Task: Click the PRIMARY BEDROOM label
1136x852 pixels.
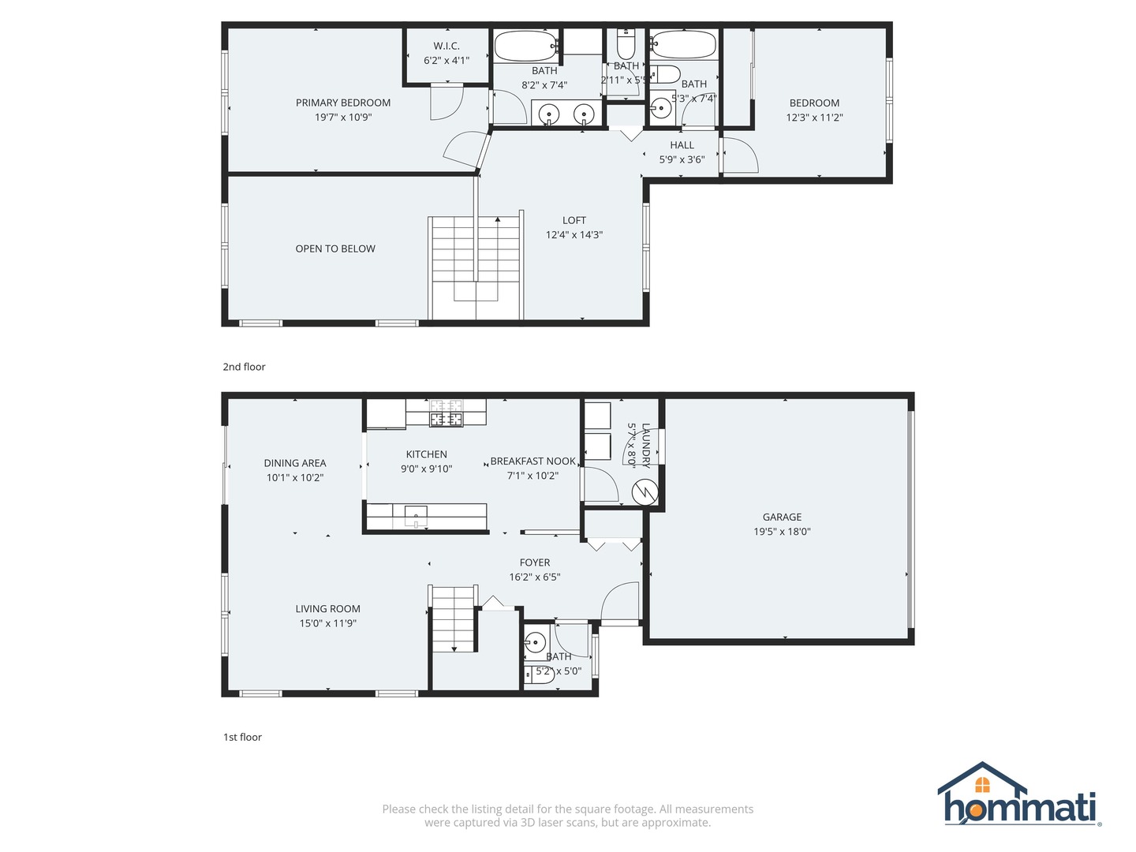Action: tap(343, 103)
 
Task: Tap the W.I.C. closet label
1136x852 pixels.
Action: tap(447, 46)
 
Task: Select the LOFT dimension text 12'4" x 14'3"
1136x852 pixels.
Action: tap(574, 235)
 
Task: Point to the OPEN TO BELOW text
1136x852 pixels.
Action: tap(335, 248)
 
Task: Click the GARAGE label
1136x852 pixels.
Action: tap(782, 518)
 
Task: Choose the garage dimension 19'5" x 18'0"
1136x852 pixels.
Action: tap(782, 532)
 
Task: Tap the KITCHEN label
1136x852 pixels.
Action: tap(426, 454)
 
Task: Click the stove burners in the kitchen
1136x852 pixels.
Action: tap(446, 413)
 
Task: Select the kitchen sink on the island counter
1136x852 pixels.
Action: tap(416, 516)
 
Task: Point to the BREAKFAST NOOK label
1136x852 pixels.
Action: tap(533, 461)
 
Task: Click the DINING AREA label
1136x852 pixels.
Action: tap(295, 463)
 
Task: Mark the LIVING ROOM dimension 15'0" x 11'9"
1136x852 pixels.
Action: tap(327, 623)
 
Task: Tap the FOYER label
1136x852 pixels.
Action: tap(535, 562)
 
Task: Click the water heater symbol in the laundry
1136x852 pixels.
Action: tap(645, 493)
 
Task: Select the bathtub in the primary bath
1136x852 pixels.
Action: tap(525, 46)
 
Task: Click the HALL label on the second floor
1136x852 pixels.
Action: tap(682, 145)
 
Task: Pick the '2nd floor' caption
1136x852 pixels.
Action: tap(244, 367)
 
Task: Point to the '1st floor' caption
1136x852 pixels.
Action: tap(242, 737)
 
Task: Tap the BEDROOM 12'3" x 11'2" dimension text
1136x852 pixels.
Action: tap(814, 118)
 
